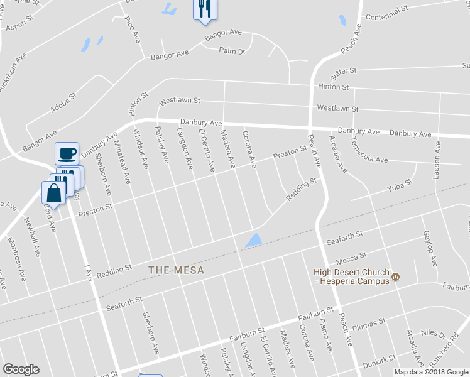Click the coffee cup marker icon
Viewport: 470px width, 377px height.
point(66,153)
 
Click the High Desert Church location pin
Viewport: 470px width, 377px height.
point(396,276)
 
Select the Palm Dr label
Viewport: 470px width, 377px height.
point(231,51)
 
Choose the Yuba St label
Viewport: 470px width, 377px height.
point(398,186)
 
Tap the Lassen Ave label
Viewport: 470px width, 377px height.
point(437,161)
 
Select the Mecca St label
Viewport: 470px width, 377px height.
point(351,256)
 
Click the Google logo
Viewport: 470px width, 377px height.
point(21,369)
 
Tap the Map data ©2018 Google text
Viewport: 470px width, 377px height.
point(430,372)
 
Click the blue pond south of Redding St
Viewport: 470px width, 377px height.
point(253,239)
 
